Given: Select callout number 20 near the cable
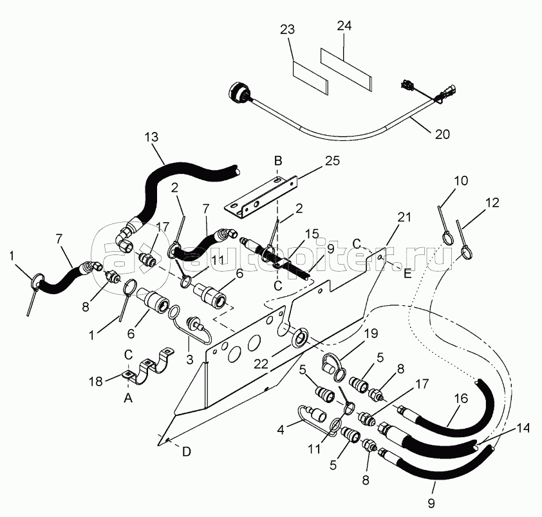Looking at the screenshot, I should click(442, 134).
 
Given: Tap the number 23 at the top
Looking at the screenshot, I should click(288, 30).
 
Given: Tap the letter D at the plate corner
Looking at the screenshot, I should click(186, 451).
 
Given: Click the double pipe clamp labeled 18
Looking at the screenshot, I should click(152, 364).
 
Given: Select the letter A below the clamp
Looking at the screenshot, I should click(128, 399).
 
